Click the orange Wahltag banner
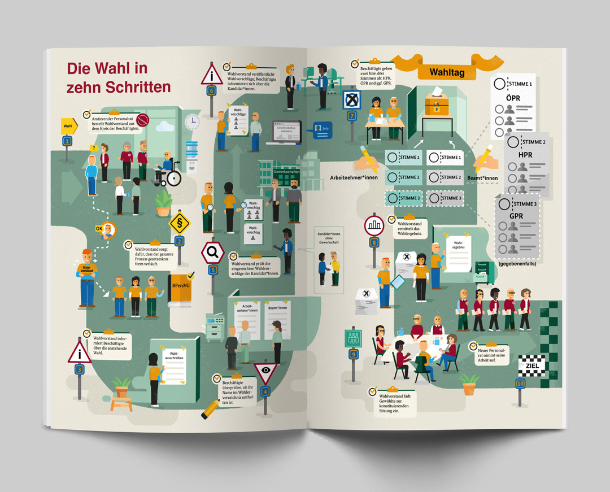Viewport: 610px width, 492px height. point(447,72)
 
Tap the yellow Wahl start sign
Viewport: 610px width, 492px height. point(68,126)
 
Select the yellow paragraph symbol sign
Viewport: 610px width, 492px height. point(180,223)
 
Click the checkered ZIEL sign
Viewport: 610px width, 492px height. point(531,365)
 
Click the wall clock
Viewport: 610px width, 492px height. point(192,121)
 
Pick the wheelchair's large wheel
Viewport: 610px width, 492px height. point(173,178)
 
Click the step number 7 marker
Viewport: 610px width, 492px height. point(352,116)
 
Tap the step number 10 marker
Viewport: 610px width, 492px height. point(520,384)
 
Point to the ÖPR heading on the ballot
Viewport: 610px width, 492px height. point(513,98)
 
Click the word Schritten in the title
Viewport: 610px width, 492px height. point(119,87)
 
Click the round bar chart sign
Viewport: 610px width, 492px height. point(374,227)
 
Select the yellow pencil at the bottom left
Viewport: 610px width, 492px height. point(210,408)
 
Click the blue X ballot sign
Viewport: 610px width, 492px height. point(352,101)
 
